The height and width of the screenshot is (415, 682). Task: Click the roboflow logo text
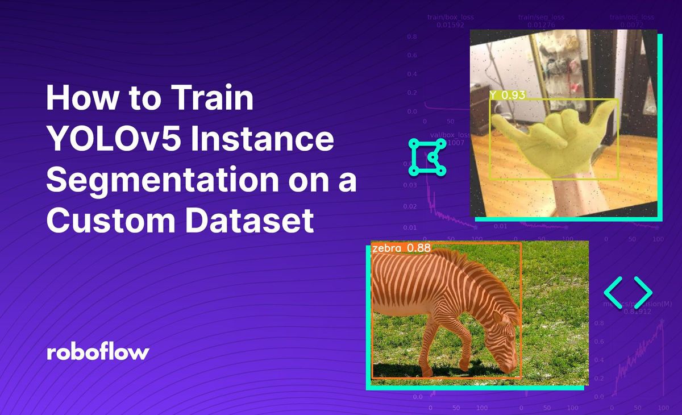97,352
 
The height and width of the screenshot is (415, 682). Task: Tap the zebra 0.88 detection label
401,248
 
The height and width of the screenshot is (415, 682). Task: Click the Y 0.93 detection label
507,95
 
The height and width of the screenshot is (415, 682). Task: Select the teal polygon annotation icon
427,156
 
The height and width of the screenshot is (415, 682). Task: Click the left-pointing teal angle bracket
613,292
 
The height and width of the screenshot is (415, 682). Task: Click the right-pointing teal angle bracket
642,292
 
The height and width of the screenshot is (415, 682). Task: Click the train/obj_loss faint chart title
633,18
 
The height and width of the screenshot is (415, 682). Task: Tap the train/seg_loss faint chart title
541,18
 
